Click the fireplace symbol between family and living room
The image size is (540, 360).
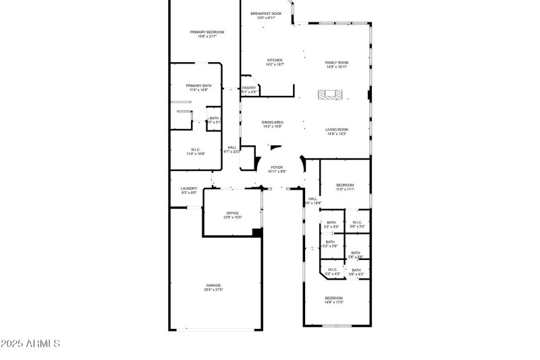point(331,95)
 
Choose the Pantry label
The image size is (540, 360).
point(249,88)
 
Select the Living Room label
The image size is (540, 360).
point(336,131)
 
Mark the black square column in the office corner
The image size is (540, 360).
point(256,232)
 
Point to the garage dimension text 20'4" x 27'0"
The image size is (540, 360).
point(213,290)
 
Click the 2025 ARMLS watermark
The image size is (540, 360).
point(30,344)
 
